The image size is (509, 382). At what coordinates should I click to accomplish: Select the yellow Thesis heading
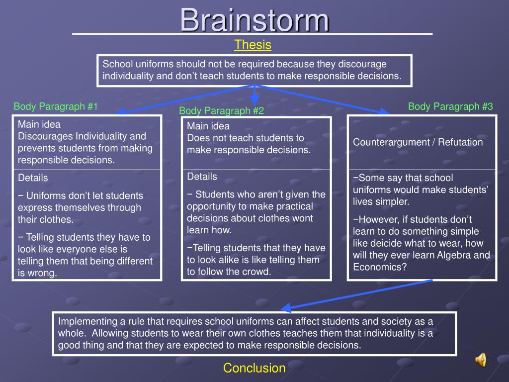tap(253, 45)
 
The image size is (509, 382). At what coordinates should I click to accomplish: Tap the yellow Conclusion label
tap(254, 368)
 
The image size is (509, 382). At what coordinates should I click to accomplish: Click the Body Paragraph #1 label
tap(56, 106)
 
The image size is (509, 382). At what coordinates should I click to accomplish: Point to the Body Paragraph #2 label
tap(222, 110)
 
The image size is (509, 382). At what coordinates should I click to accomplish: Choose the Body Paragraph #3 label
tap(450, 106)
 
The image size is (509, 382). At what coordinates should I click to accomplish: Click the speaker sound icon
tap(481, 359)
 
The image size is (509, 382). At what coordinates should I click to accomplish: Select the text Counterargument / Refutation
tap(418, 142)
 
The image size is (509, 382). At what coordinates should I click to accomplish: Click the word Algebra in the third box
tap(453, 255)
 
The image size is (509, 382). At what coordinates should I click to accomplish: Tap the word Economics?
tap(380, 267)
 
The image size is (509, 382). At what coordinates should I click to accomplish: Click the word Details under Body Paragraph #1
tap(33, 178)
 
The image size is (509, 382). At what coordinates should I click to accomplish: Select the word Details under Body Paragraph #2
tap(202, 177)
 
